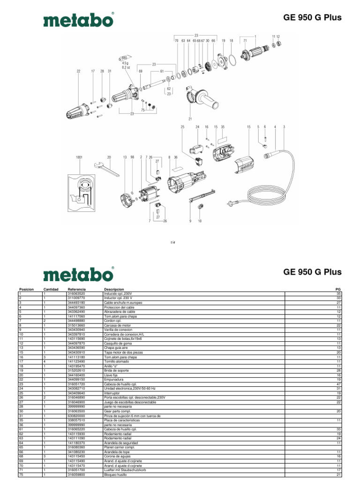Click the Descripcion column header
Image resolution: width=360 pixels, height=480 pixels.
114,290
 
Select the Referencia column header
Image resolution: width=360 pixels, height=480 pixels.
76,290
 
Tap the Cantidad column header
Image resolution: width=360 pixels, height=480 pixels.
51,290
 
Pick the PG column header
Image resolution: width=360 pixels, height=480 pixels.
337,290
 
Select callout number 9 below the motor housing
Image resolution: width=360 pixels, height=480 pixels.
190,221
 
